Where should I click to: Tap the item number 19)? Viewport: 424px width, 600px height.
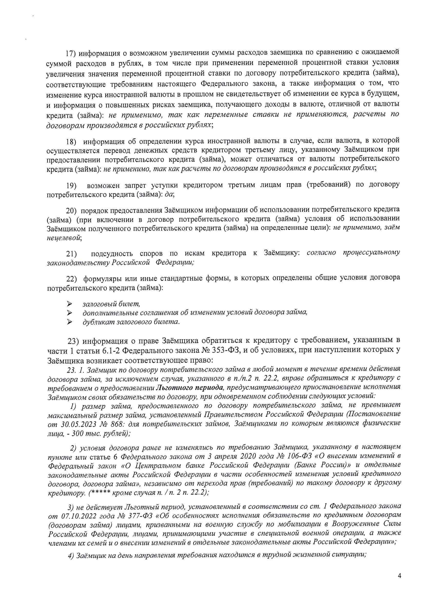click(x=71, y=186)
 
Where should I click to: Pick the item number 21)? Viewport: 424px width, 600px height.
click(x=71, y=254)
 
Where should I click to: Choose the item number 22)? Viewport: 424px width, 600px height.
click(x=72, y=279)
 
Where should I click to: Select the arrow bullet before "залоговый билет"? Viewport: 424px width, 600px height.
click(x=69, y=304)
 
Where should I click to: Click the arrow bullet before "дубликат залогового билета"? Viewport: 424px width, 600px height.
click(x=69, y=322)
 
